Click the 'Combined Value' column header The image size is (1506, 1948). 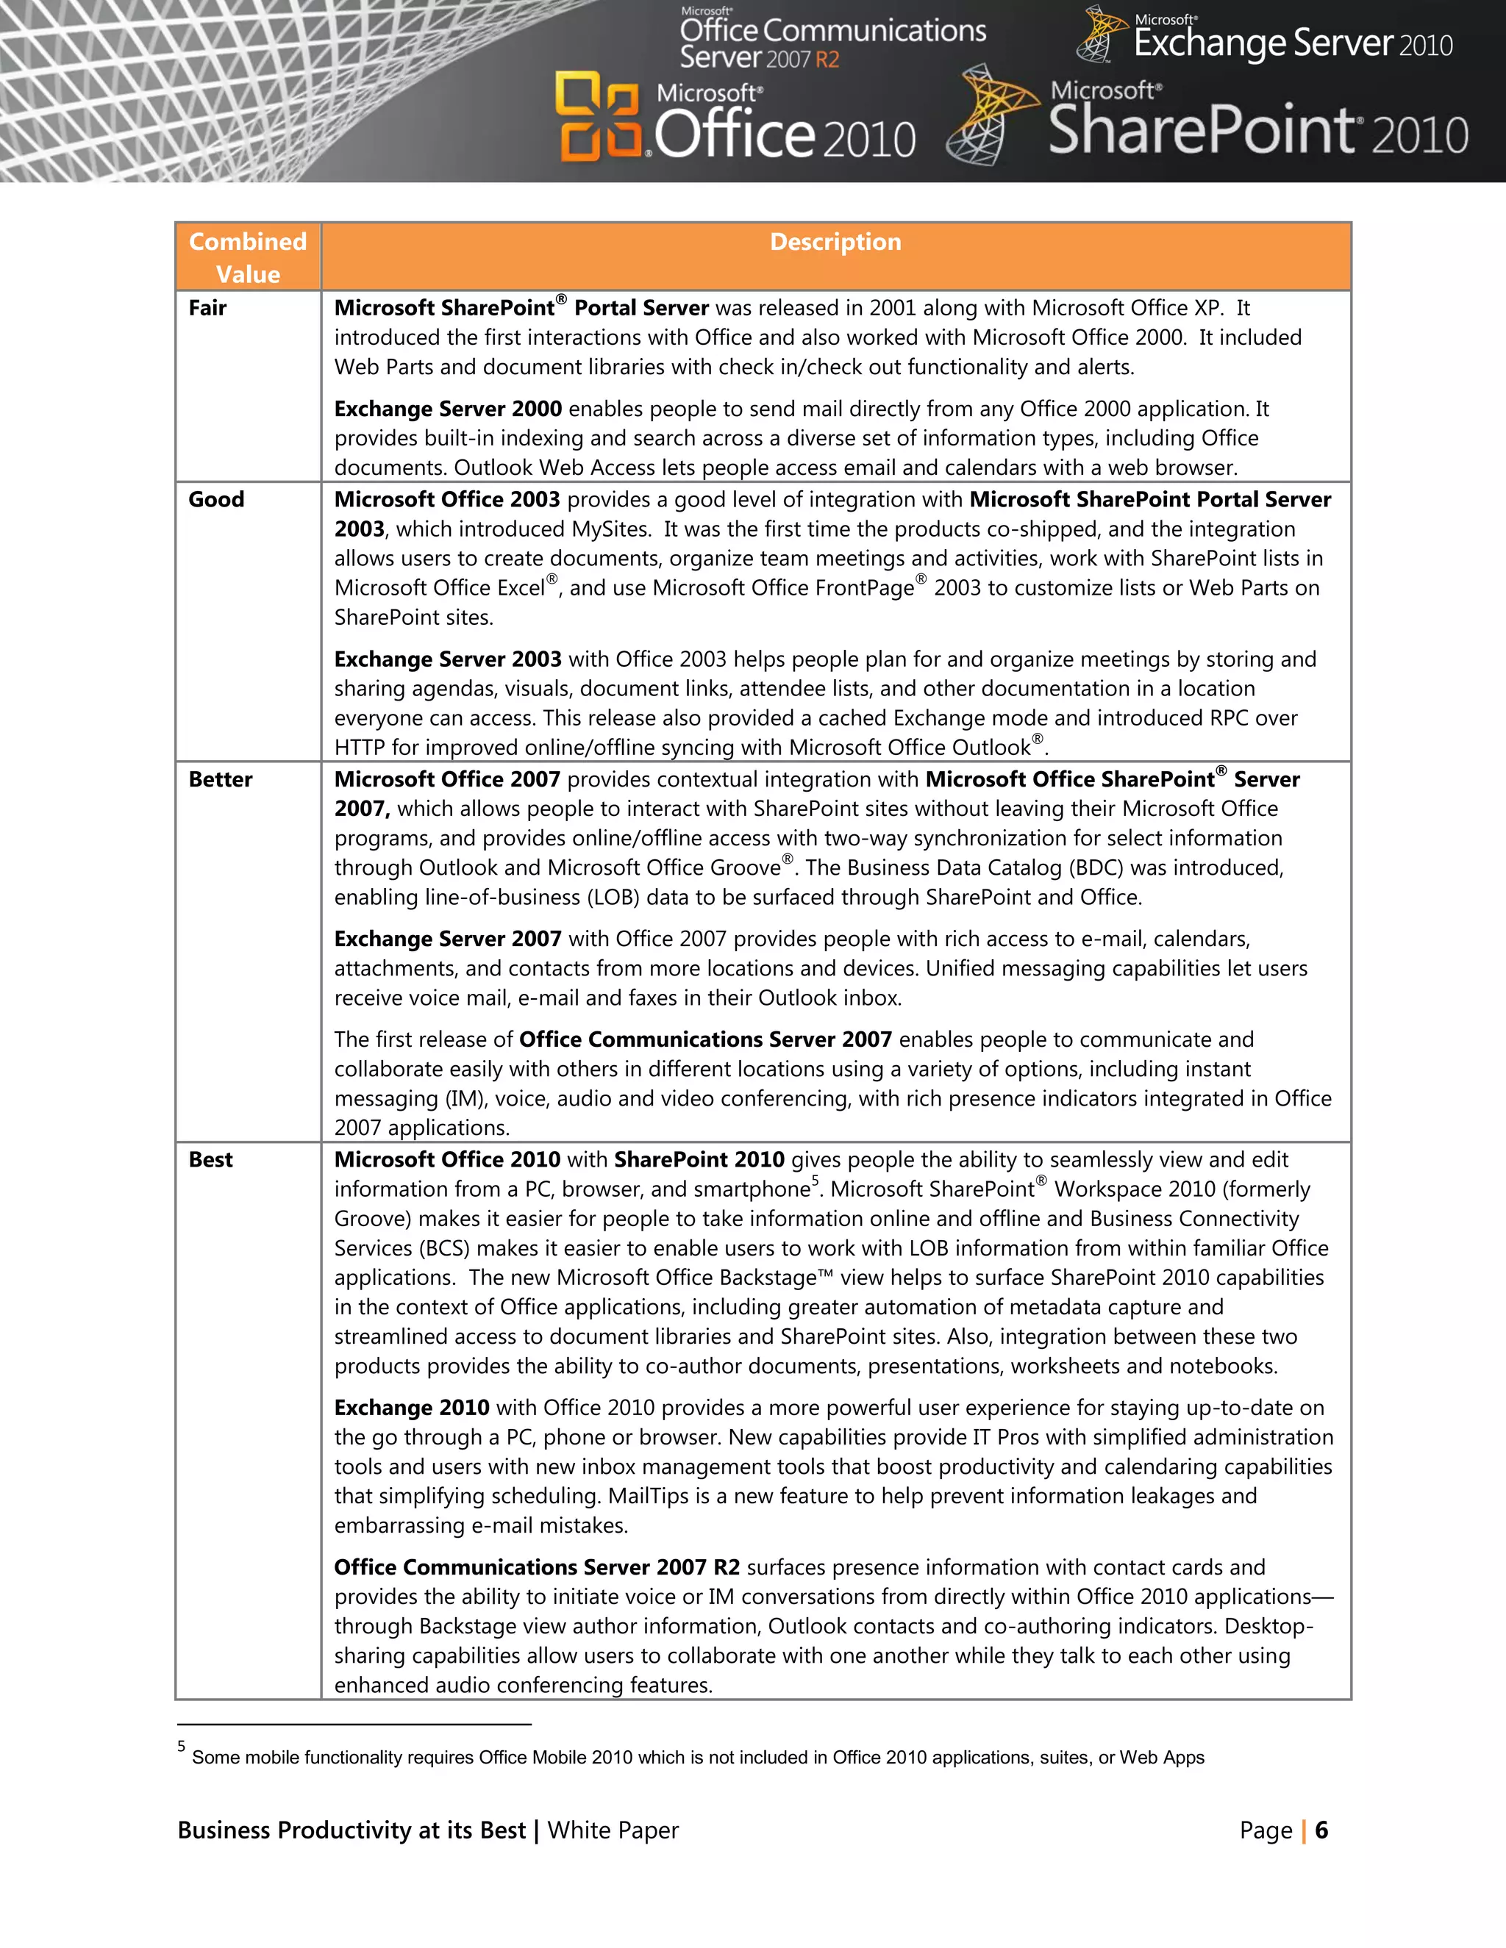(247, 257)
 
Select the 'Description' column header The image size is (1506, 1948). (835, 242)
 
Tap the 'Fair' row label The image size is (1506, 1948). (207, 308)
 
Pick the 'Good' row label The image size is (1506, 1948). (216, 499)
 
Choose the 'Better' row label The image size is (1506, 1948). (221, 779)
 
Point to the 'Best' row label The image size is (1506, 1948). (210, 1159)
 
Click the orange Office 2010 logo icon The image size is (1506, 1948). (597, 118)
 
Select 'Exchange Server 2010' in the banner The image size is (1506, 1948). (1293, 43)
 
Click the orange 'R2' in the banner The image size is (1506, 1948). (827, 60)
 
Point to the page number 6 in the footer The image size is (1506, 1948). (1321, 1830)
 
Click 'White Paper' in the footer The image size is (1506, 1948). (613, 1830)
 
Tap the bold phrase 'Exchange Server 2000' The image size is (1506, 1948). (448, 409)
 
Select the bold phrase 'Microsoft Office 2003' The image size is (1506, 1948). (447, 499)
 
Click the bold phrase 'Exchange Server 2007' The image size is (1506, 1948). (448, 939)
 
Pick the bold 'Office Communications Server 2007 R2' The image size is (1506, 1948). (537, 1567)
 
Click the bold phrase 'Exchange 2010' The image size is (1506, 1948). (411, 1408)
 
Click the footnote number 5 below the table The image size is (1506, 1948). (181, 1747)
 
